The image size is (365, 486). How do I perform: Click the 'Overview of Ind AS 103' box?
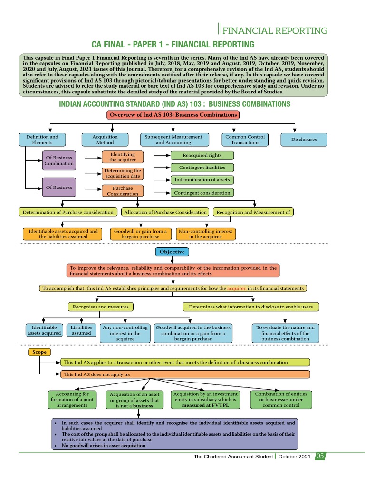pos(173,115)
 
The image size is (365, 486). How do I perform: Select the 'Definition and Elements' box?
pos(42,140)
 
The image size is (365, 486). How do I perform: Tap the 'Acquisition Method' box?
pos(105,140)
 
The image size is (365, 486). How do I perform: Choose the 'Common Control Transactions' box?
pos(245,140)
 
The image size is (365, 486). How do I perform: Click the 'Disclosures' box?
pos(304,140)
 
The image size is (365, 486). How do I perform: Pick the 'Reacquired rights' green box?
pos(202,155)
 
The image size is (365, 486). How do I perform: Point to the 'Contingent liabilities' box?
pos(202,168)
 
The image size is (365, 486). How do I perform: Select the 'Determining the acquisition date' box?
pos(123,174)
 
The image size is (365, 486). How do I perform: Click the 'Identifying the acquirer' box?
pos(123,157)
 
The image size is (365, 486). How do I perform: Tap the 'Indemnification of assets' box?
pos(202,180)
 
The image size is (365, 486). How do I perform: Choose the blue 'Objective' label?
pos(172,252)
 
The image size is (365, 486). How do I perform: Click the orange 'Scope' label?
pos(39,353)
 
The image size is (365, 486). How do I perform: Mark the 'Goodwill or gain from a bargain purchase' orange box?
pos(140,234)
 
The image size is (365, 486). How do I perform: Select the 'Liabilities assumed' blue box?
pos(81,330)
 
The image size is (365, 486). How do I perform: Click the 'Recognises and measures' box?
pos(100,307)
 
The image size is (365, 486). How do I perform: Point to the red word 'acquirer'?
pos(236,288)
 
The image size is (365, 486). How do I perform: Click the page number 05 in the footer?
pos(320,456)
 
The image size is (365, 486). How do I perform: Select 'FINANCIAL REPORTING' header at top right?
pos(275,31)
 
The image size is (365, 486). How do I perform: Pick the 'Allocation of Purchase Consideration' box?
pos(165,212)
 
